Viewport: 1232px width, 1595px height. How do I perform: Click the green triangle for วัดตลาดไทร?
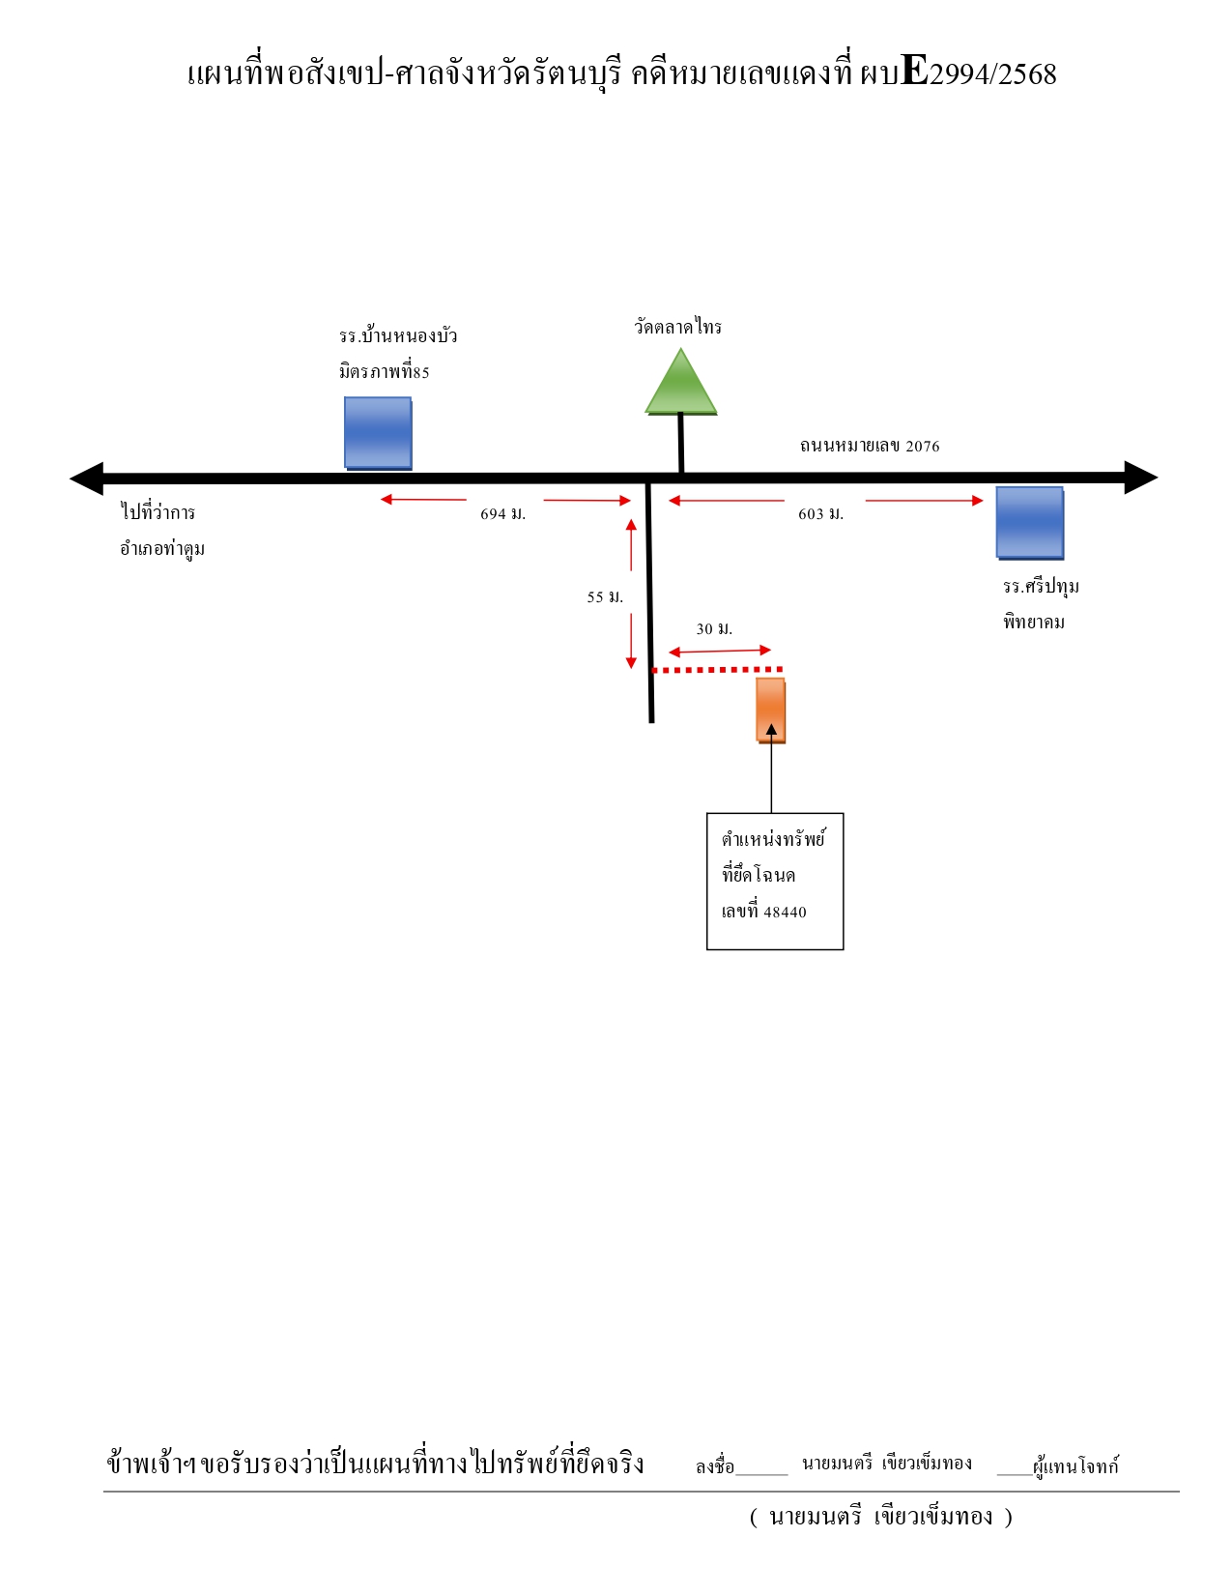[x=680, y=383]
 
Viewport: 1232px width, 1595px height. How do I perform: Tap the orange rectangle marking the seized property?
[x=770, y=710]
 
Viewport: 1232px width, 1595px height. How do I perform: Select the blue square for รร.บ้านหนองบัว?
[x=378, y=433]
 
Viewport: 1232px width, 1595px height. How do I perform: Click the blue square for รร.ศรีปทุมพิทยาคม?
[x=1029, y=523]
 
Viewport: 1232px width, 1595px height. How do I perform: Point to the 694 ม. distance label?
[x=502, y=514]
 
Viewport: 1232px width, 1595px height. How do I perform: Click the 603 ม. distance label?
[x=820, y=514]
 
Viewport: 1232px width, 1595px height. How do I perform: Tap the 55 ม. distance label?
[x=605, y=596]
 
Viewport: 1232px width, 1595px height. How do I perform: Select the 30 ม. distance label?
[x=714, y=628]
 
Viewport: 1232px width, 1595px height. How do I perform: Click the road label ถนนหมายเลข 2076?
[x=869, y=446]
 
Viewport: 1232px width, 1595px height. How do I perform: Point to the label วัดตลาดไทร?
[x=678, y=326]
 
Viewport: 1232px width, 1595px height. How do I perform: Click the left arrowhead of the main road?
[x=87, y=478]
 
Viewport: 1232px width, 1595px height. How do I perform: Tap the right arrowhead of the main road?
[x=1141, y=478]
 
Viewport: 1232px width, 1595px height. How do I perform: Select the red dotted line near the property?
[x=718, y=669]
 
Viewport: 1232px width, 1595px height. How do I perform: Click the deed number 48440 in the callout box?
[x=785, y=913]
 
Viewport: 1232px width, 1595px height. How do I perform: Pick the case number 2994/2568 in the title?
[x=992, y=74]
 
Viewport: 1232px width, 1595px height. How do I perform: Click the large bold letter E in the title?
[x=914, y=70]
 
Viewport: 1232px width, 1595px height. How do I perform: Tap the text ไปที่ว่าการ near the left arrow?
[x=158, y=511]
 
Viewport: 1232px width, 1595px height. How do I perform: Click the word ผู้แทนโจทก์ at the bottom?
[x=1075, y=1465]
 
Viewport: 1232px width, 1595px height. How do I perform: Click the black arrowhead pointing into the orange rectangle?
[x=771, y=729]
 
